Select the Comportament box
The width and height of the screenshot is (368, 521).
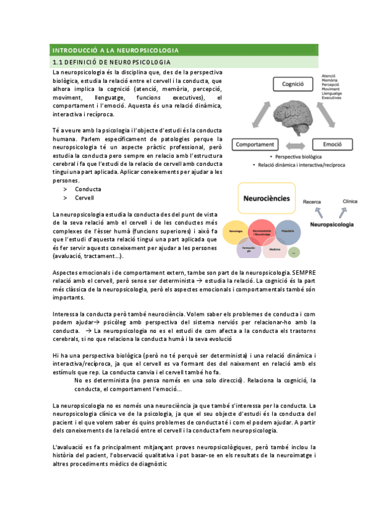click(x=253, y=144)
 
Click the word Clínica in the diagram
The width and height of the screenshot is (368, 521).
click(x=350, y=201)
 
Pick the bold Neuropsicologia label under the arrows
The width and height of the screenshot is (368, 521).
click(x=332, y=225)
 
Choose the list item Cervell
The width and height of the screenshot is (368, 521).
click(x=84, y=198)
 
